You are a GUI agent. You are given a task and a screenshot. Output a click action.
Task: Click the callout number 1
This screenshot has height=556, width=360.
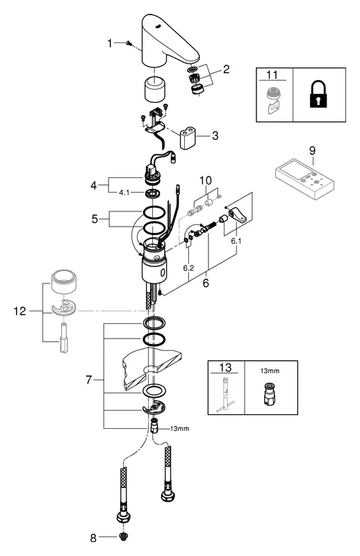pyautogui.click(x=110, y=43)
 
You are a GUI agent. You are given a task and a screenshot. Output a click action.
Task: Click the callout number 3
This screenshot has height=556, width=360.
pyautogui.click(x=215, y=136)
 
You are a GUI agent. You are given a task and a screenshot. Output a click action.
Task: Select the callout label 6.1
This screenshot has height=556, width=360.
pyautogui.click(x=237, y=240)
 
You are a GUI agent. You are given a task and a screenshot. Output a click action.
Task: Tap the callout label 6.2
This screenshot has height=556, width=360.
pyautogui.click(x=187, y=266)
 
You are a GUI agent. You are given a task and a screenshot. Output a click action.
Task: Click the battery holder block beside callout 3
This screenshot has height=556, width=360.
pyautogui.click(x=189, y=138)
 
